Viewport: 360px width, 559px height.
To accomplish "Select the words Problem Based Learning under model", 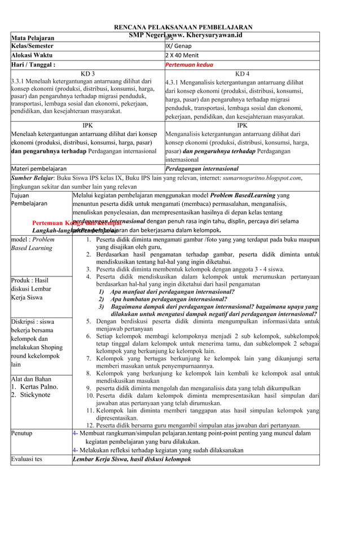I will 32,244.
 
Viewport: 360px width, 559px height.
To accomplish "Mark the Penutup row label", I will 22,433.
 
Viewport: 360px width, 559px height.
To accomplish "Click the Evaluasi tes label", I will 27,459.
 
